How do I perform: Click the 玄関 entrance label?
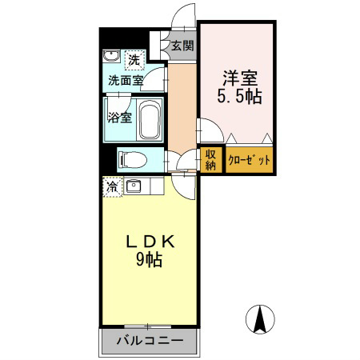(182, 46)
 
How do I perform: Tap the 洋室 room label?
(240, 78)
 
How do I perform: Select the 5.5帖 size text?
(239, 96)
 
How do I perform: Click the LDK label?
(150, 242)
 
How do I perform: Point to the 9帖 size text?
(150, 259)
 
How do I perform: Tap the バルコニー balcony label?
(150, 341)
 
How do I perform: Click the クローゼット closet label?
(249, 160)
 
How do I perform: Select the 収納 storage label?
(210, 159)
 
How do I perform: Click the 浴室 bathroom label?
(120, 118)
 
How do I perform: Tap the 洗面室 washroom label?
(126, 80)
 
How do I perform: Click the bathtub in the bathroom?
(150, 119)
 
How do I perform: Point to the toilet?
(133, 160)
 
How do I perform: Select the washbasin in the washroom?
(111, 56)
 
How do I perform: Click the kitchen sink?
(134, 186)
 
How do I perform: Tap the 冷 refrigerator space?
(112, 187)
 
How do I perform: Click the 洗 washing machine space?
(134, 60)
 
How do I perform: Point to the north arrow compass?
(260, 319)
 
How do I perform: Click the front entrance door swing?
(184, 16)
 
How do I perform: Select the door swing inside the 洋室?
(210, 130)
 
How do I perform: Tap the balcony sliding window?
(148, 326)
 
